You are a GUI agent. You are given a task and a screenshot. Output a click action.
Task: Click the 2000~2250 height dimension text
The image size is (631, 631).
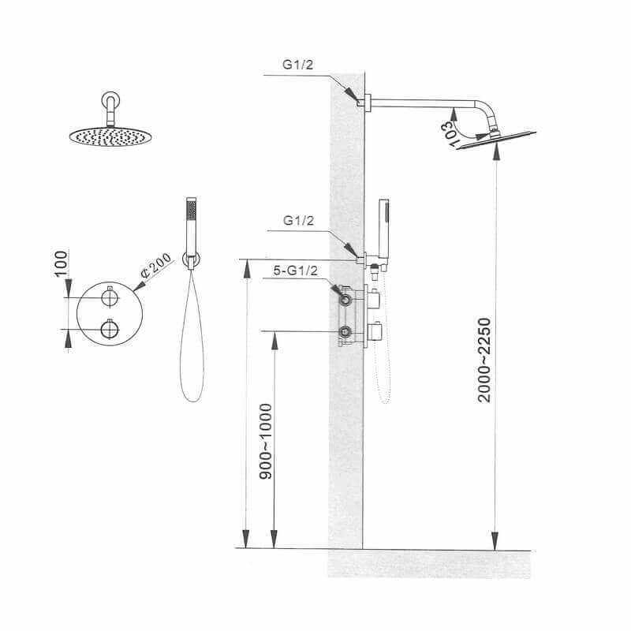pos(484,360)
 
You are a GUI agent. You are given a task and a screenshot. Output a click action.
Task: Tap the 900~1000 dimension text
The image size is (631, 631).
pos(266,441)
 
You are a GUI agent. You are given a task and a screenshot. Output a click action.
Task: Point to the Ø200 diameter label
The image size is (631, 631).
pos(156,266)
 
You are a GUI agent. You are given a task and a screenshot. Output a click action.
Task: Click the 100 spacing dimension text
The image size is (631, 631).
pos(61,263)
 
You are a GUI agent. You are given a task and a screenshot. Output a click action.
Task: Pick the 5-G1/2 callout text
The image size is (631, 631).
pos(295,271)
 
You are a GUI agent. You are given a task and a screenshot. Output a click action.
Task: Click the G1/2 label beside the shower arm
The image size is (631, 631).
pos(298,65)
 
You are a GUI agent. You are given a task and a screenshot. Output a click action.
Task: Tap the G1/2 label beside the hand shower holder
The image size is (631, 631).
pos(299,221)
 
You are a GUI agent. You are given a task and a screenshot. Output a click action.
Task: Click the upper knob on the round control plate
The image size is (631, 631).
pos(110,297)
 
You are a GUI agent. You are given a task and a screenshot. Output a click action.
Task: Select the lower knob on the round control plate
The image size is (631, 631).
pos(110,329)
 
